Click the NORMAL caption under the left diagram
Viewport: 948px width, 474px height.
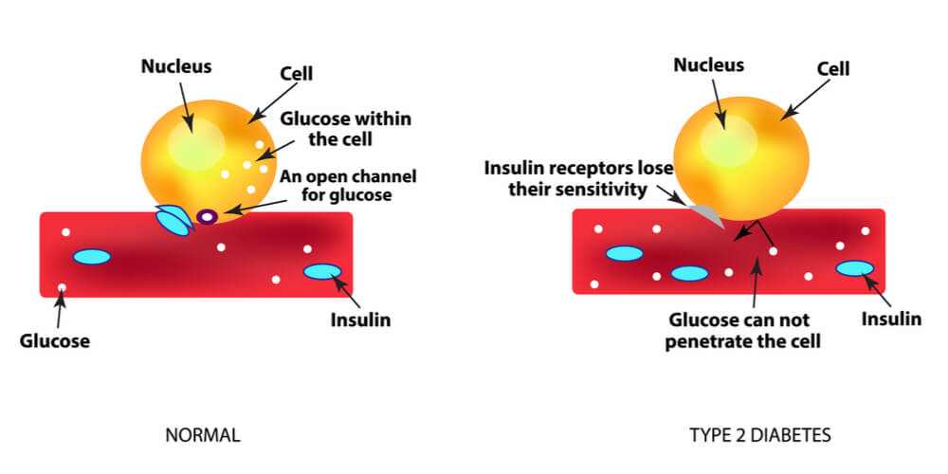point(203,435)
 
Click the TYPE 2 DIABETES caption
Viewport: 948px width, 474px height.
point(760,435)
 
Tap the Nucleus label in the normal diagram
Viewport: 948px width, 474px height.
point(176,66)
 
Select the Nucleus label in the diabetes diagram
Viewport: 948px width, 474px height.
point(708,64)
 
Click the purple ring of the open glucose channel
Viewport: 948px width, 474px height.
point(200,216)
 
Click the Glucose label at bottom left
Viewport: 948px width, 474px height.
point(55,341)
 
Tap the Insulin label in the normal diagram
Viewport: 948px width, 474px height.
point(360,319)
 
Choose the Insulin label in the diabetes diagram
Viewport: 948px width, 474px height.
point(891,319)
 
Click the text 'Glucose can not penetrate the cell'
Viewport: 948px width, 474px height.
point(743,330)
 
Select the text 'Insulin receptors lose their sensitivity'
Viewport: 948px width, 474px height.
point(578,179)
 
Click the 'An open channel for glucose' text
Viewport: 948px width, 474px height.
point(348,186)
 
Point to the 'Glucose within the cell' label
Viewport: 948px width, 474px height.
point(345,129)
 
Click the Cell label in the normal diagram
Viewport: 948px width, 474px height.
point(296,74)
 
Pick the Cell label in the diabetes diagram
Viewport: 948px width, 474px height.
point(833,69)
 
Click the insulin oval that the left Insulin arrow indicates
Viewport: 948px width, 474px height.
point(322,272)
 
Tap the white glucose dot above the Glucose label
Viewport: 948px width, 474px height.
point(62,287)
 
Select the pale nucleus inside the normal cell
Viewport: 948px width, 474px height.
point(192,145)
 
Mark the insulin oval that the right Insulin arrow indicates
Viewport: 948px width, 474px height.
point(855,268)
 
